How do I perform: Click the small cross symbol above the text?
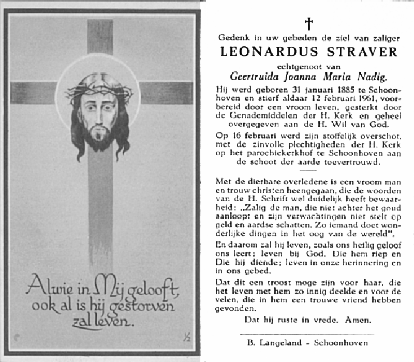point(309,24)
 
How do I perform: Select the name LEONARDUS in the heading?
point(264,52)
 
